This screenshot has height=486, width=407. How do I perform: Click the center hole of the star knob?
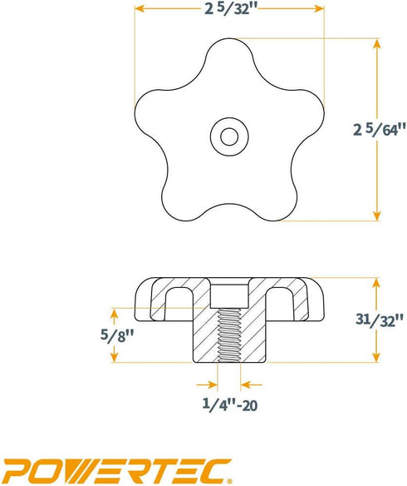coord(228,133)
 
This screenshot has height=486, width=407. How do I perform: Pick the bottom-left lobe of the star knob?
coord(182,199)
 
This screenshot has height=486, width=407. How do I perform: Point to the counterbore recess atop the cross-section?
coord(228,292)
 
